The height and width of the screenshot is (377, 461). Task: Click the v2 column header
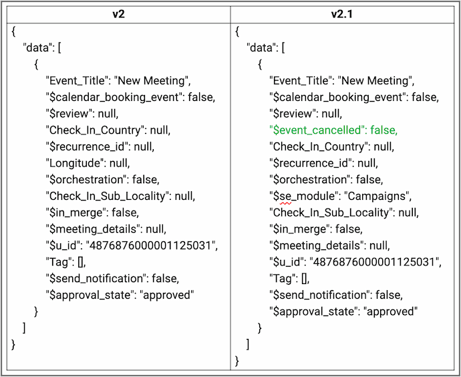click(x=118, y=15)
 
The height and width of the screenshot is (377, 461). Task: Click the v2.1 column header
click(x=342, y=15)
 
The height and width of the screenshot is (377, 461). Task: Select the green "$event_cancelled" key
click(x=315, y=130)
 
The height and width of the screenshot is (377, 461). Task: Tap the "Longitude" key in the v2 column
click(x=75, y=163)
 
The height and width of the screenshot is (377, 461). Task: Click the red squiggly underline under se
click(x=285, y=203)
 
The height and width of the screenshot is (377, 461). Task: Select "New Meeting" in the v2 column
click(x=151, y=81)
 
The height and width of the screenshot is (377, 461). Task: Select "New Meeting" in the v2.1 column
click(x=375, y=81)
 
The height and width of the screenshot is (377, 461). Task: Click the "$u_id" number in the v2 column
click(x=150, y=245)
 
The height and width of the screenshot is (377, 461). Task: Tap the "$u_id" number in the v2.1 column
click(x=374, y=262)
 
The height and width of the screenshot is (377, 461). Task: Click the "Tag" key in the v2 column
click(x=60, y=262)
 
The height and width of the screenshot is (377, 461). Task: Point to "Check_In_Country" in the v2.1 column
click(x=319, y=146)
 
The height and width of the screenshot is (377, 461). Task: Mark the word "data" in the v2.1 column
click(x=261, y=47)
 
